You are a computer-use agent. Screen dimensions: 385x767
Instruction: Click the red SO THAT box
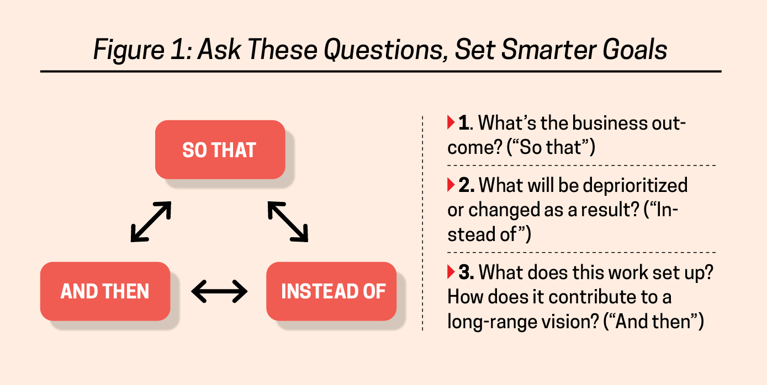220,150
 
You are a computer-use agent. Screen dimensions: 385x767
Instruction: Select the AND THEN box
105,291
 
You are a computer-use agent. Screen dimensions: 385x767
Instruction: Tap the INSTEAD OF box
331,291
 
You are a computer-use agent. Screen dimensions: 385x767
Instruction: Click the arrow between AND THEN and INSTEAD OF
219,291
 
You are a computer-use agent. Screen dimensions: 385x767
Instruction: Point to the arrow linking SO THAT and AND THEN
151,222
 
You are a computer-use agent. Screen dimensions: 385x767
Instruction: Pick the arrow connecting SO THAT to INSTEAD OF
288,222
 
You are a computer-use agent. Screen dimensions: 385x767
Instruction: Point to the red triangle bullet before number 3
451,272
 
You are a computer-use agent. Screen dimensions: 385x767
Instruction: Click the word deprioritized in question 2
624,185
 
